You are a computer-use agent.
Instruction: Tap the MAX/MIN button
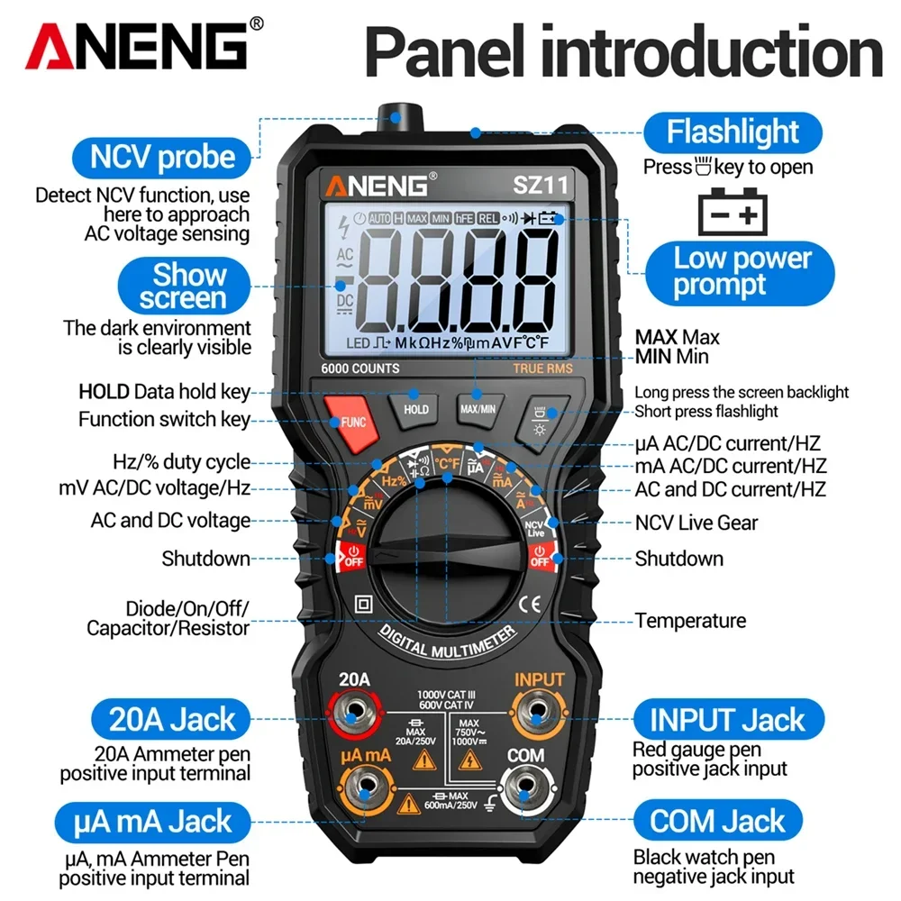pos(478,407)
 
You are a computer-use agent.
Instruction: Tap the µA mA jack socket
pos(365,790)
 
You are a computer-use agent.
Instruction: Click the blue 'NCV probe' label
pos(162,158)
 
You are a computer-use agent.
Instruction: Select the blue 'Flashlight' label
pos(733,132)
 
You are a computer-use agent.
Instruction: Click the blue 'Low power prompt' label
pos(742,271)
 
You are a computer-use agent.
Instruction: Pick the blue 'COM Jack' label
pos(718,821)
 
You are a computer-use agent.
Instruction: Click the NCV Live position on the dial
pos(535,528)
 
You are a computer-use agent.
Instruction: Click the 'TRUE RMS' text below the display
pos(542,369)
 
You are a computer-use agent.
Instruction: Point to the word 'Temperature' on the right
pos(690,621)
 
